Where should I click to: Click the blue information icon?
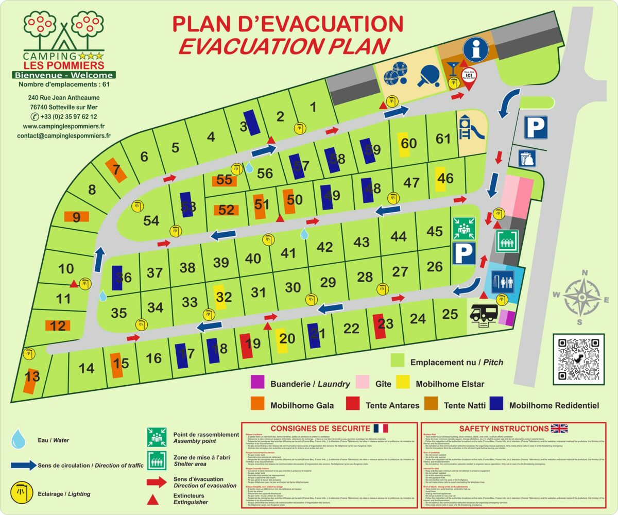tap(476, 49)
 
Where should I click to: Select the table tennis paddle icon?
tap(427, 75)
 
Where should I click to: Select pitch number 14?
tap(87, 368)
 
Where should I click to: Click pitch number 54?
tap(151, 220)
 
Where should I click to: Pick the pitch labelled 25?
tap(450, 313)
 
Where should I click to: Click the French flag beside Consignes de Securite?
tap(381, 428)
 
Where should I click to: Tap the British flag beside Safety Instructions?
tap(559, 428)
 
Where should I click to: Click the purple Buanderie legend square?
tap(257, 383)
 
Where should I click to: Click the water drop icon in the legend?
tap(19, 439)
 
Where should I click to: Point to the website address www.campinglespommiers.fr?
tap(64, 126)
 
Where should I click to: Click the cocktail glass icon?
tap(452, 67)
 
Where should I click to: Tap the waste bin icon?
tap(526, 158)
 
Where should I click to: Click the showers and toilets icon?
tap(505, 281)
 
